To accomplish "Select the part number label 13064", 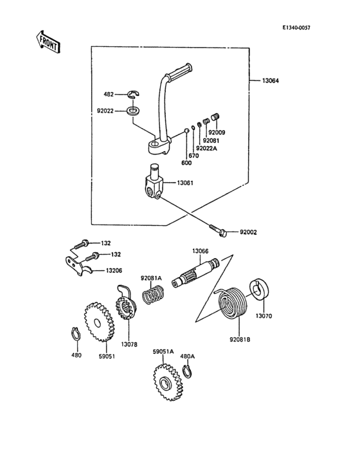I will [x=271, y=81].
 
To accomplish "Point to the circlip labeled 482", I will [x=134, y=95].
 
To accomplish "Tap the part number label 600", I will [x=186, y=163].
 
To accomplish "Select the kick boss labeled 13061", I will [x=154, y=184].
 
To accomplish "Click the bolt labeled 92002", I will [x=218, y=230].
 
